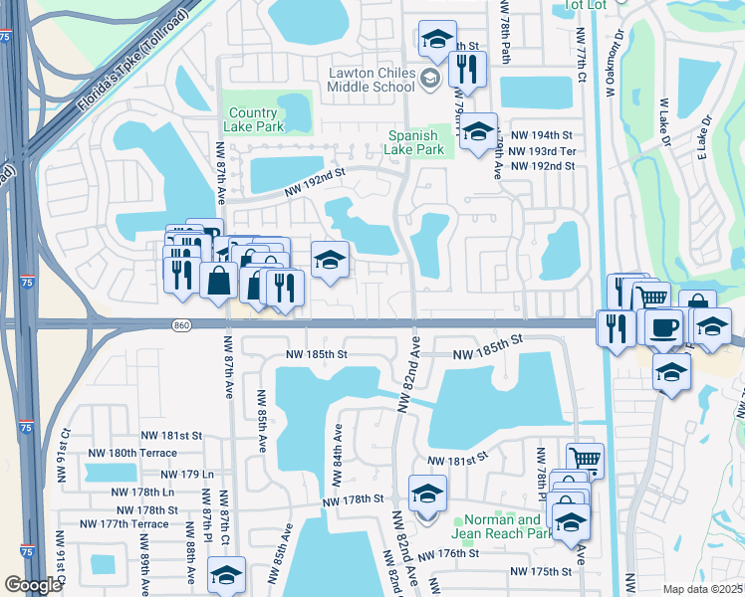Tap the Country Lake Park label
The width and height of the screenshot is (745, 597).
click(256, 119)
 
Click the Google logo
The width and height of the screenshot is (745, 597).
click(33, 585)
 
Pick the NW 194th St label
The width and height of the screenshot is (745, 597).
click(541, 135)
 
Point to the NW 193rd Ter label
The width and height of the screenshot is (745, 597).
click(541, 151)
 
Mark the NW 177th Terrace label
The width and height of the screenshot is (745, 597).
click(124, 524)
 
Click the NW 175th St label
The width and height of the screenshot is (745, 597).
click(542, 571)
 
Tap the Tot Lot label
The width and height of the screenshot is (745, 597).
click(586, 5)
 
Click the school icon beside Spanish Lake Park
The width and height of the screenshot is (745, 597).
click(478, 131)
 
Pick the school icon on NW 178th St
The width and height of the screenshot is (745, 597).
click(427, 493)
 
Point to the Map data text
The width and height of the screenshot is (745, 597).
click(702, 589)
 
